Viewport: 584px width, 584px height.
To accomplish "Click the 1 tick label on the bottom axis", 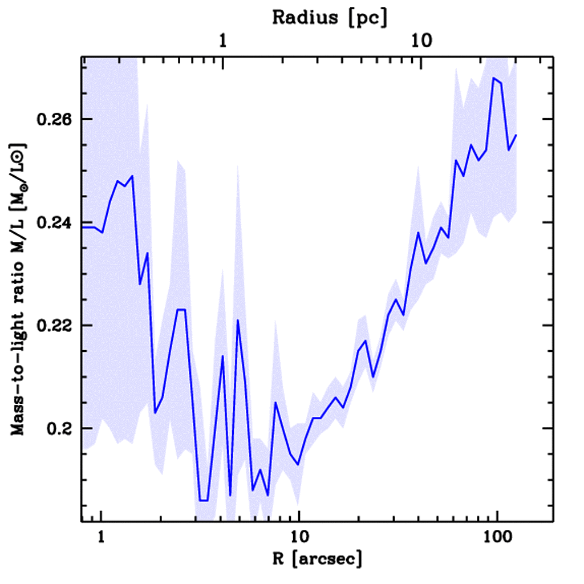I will click(x=102, y=537).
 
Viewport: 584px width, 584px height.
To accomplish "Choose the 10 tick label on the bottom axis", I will click(x=298, y=537).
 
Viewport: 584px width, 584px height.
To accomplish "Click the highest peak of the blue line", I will click(x=494, y=78).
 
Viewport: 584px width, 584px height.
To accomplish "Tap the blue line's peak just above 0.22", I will click(x=238, y=321).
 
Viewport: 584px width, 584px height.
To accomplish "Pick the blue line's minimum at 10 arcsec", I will click(x=298, y=464).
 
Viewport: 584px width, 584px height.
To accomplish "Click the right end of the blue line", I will click(x=516, y=135).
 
